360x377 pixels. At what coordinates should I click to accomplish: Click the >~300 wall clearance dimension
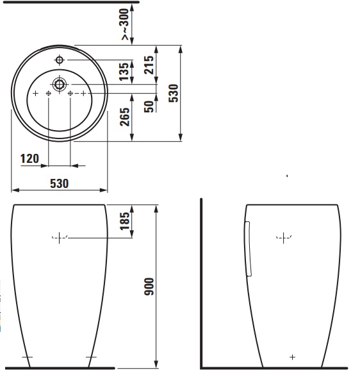pyautogui.click(x=125, y=24)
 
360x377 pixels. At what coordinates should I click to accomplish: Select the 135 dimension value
pyautogui.click(x=124, y=72)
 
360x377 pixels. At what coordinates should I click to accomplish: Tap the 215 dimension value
pyautogui.click(x=149, y=65)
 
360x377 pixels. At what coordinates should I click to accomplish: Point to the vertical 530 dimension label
pyautogui.click(x=174, y=93)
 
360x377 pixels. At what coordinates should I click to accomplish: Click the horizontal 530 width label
pyautogui.click(x=60, y=183)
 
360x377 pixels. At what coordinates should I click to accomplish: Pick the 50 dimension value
pyautogui.click(x=149, y=106)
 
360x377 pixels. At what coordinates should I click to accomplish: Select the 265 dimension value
pyautogui.click(x=125, y=117)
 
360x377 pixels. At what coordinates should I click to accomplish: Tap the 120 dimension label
pyautogui.click(x=29, y=159)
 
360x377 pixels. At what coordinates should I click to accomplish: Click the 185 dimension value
pyautogui.click(x=125, y=221)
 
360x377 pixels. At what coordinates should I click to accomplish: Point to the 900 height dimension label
pyautogui.click(x=149, y=287)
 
